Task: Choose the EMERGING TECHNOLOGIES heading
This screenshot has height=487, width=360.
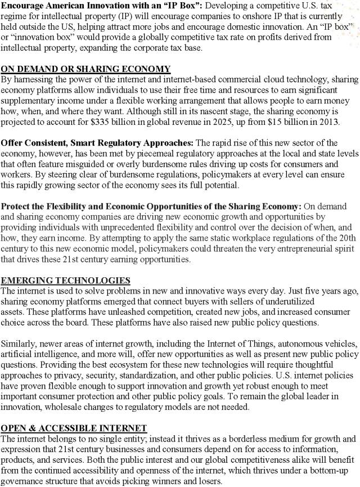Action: (x=66, y=280)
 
